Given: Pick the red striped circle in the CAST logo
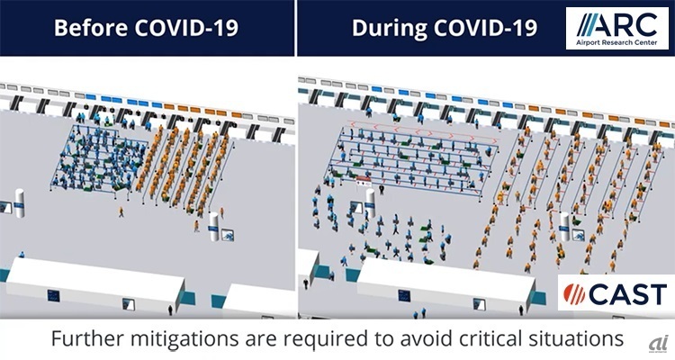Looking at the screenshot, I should pos(574,293).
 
